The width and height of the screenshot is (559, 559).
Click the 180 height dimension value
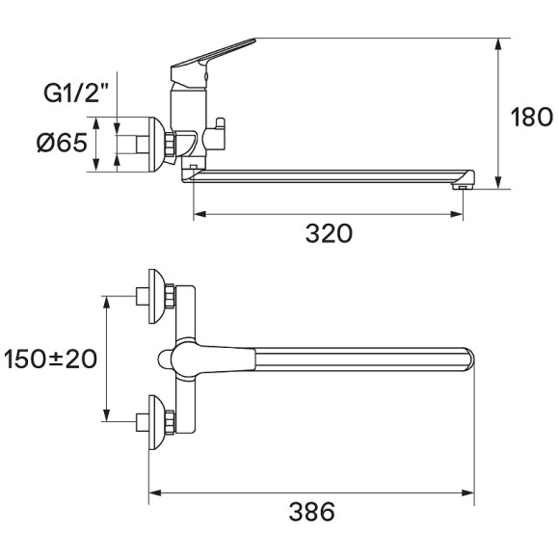pyautogui.click(x=531, y=118)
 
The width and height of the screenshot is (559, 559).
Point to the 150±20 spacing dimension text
pyautogui.click(x=50, y=359)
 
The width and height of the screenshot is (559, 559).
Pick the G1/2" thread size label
pyautogui.click(x=76, y=94)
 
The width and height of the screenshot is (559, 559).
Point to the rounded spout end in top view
pyautogui.click(x=469, y=359)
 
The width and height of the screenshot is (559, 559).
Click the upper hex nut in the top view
pyautogui.click(x=168, y=296)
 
